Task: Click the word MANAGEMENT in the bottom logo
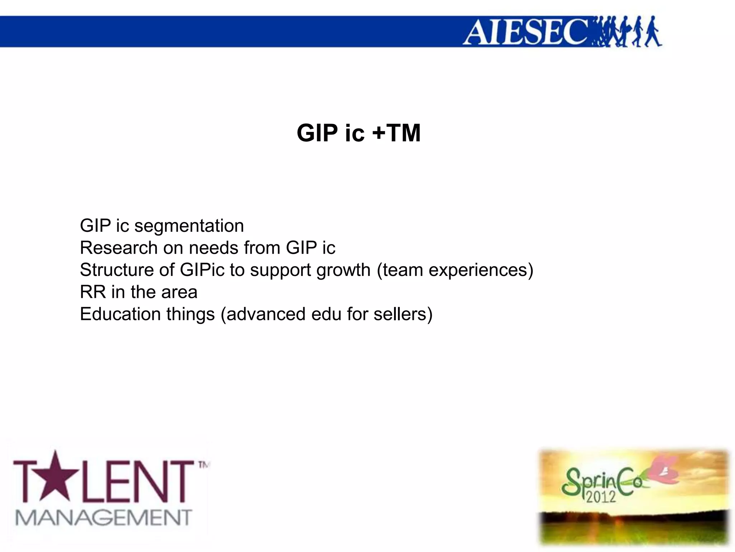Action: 104,518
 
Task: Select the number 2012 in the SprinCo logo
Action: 601,497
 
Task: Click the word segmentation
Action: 189,226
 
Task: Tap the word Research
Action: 119,248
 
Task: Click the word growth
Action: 343,271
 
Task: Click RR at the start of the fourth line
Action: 93,292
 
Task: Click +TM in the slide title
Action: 396,133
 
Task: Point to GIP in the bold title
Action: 317,133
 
